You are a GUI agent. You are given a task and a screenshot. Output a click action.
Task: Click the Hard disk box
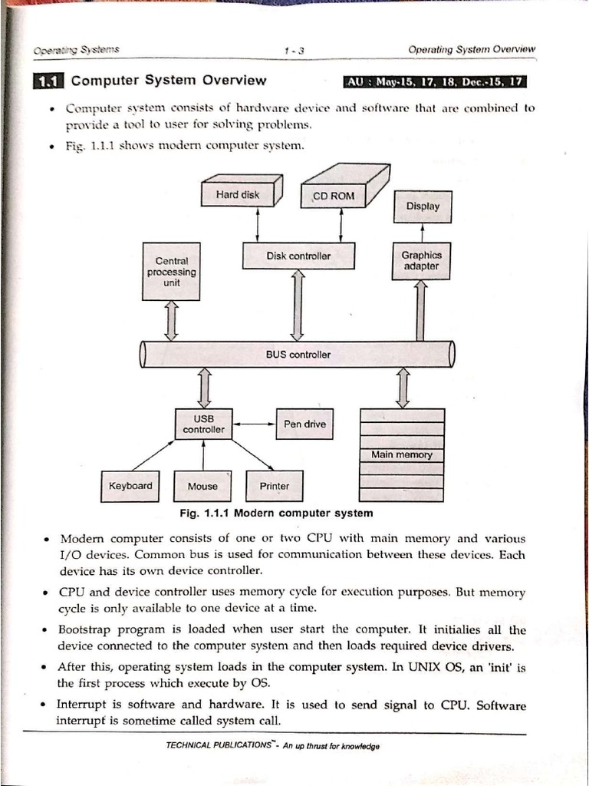pos(238,195)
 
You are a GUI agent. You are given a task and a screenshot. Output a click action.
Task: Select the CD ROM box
pos(334,196)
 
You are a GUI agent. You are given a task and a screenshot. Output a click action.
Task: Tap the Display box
pos(423,206)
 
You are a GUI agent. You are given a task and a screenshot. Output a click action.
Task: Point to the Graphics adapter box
pos(421,261)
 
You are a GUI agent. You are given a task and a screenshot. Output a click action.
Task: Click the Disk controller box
pos(298,256)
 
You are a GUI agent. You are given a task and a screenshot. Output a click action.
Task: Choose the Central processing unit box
pos(171,272)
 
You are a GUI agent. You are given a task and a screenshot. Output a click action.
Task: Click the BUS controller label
pos(298,355)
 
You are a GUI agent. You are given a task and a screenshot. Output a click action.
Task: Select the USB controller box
pos(203,424)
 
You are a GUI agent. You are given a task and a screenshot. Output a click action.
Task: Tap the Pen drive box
pos(304,424)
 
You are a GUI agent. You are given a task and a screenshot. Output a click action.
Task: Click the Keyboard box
pos(130,486)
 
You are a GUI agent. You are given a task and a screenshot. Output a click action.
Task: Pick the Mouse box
pos(202,487)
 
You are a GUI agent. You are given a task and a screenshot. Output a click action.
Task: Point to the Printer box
pos(275,487)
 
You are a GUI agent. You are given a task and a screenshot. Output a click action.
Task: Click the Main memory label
pos(402,454)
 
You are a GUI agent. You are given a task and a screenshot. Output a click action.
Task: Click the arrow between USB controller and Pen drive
pos(255,424)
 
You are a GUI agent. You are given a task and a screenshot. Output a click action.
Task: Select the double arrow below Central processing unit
pos(171,320)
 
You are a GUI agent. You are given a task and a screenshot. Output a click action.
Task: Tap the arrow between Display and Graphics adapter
pos(423,233)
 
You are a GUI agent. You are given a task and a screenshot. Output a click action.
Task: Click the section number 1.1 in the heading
pos(49,81)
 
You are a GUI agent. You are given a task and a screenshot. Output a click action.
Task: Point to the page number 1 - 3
pos(294,51)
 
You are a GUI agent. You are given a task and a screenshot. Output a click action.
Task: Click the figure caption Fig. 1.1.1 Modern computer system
pos(276,513)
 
